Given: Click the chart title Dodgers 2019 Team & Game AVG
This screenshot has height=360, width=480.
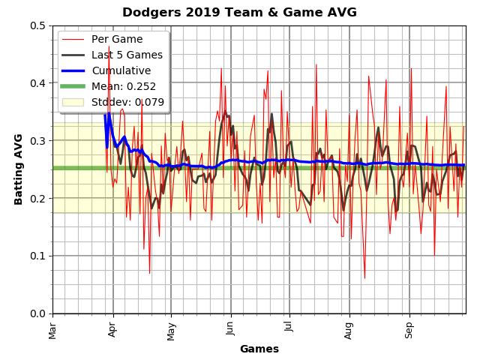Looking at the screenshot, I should (239, 12).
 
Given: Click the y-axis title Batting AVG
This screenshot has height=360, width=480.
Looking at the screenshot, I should (19, 169).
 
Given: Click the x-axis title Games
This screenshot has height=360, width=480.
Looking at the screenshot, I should (259, 349).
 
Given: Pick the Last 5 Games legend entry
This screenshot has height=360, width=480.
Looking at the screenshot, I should (127, 55).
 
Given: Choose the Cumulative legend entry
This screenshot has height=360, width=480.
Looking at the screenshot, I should (121, 70).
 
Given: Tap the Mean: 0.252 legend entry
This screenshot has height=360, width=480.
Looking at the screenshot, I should (124, 86).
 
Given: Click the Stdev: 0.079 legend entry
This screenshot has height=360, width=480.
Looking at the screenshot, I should (127, 102).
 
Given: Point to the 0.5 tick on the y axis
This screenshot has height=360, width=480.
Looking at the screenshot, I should (37, 25).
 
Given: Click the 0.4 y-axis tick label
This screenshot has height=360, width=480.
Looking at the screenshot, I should (37, 83).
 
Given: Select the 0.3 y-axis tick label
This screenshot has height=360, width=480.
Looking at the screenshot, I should (37, 141).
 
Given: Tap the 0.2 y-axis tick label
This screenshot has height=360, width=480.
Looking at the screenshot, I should (37, 198).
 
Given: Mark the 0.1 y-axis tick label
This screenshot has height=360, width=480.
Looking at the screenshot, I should (37, 256).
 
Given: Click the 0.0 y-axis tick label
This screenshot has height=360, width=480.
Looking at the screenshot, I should (37, 313).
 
